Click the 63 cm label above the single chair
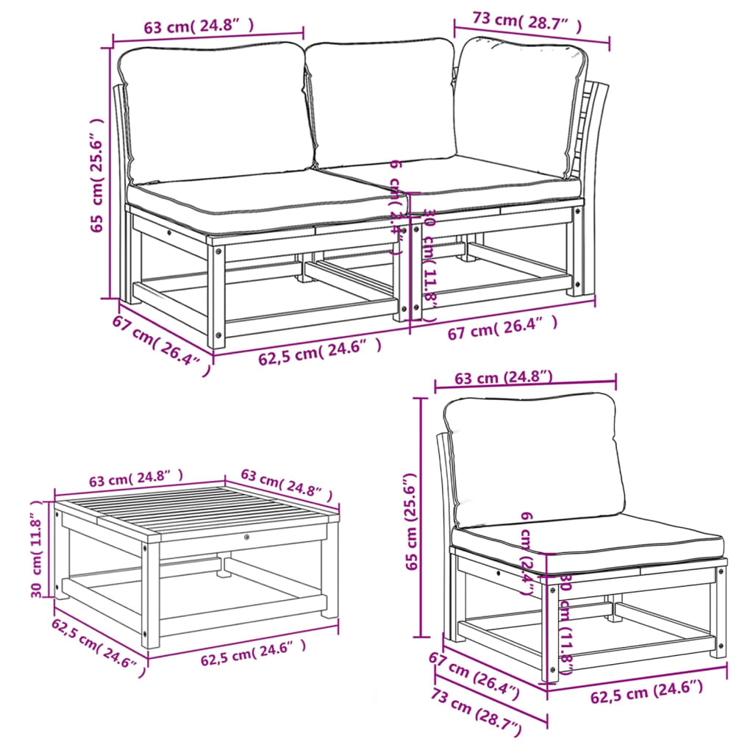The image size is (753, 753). (504, 378)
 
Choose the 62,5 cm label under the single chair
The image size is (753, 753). (646, 690)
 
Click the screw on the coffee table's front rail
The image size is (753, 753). (246, 538)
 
